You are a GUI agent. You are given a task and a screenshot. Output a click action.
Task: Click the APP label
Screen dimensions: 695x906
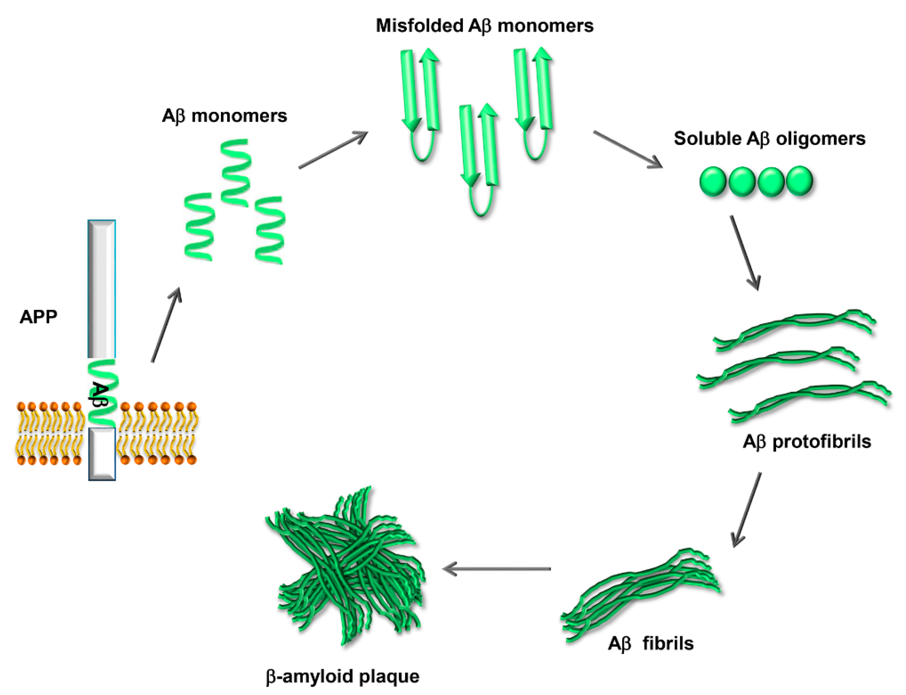click(x=38, y=317)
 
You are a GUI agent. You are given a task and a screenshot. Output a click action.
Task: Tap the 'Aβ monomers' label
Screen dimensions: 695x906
click(x=225, y=116)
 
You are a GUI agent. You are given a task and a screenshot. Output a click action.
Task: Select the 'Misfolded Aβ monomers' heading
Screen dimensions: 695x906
click(x=484, y=26)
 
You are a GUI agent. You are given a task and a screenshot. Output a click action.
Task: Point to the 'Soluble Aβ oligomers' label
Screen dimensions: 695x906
click(x=770, y=138)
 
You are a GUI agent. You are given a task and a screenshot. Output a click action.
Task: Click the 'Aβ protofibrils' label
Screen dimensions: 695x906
click(x=807, y=442)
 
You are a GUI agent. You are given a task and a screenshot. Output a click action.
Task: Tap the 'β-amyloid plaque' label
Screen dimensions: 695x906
click(x=343, y=677)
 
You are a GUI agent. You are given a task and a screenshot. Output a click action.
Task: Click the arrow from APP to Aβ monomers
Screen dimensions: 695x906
click(x=166, y=325)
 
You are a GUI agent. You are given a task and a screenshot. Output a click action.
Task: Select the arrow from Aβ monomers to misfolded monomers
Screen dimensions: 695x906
click(x=333, y=150)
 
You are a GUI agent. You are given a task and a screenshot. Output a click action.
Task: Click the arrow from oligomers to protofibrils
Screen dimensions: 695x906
click(x=745, y=252)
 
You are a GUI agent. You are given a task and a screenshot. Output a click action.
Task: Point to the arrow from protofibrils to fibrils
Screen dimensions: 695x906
click(x=746, y=510)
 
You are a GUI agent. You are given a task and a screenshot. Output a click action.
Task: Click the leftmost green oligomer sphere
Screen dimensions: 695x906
click(x=713, y=181)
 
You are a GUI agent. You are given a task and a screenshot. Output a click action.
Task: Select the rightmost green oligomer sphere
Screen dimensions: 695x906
click(x=799, y=181)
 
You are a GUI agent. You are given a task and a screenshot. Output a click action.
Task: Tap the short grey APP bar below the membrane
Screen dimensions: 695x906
click(x=102, y=454)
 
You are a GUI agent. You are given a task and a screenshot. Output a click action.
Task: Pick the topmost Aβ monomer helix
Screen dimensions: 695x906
click(x=236, y=172)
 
